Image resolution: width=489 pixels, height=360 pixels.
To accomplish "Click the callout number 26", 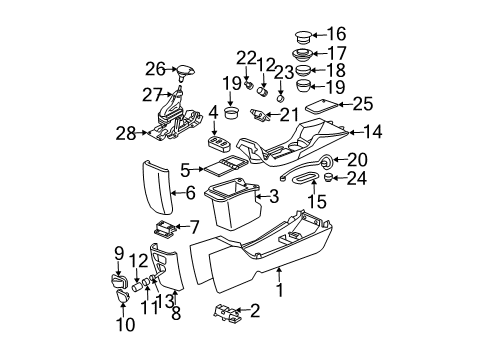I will (154, 69).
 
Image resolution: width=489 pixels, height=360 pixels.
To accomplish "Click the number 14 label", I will (372, 130).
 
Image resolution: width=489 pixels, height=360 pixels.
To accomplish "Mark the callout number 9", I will (118, 252).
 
